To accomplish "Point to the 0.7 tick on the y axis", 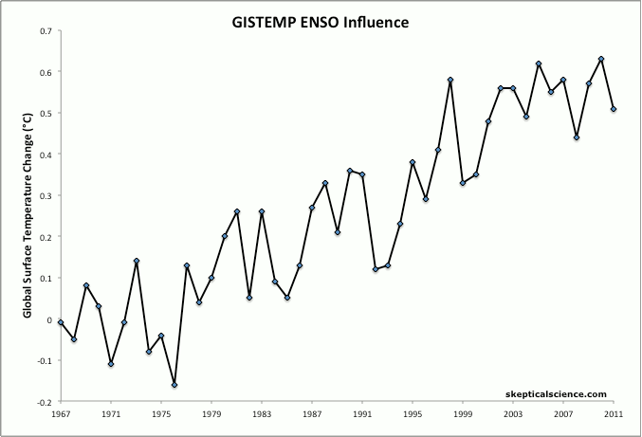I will pos(45,30).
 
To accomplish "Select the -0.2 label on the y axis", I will pos(43,402).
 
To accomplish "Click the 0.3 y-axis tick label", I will pos(45,195).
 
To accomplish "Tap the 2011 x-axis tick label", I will pos(614,414).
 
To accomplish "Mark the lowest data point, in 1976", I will pos(174,385).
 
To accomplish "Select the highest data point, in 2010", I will pos(601,60).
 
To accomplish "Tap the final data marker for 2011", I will pos(614,109).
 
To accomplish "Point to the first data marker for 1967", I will pos(61,322).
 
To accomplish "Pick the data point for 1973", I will pos(137,261).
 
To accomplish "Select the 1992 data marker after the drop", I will pos(376,269).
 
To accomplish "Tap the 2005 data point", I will pos(539,64).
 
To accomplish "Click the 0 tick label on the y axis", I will pos(49,319).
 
